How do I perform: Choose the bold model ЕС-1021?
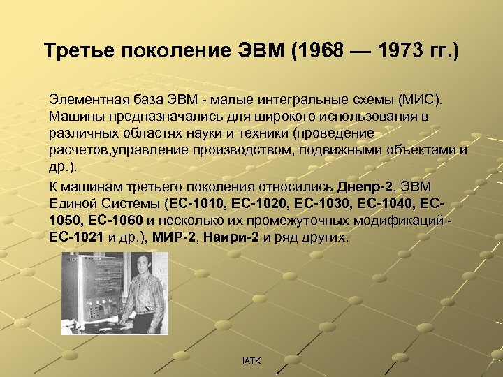pos(78,237)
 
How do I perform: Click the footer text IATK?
pos(251,360)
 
